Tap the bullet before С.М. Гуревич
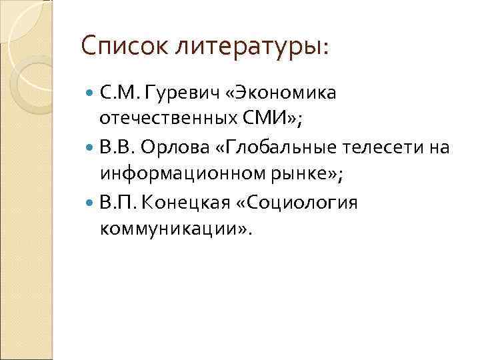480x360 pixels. point(91,92)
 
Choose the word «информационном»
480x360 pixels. point(173,175)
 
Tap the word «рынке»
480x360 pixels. point(291,175)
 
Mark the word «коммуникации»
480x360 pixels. point(173,229)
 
